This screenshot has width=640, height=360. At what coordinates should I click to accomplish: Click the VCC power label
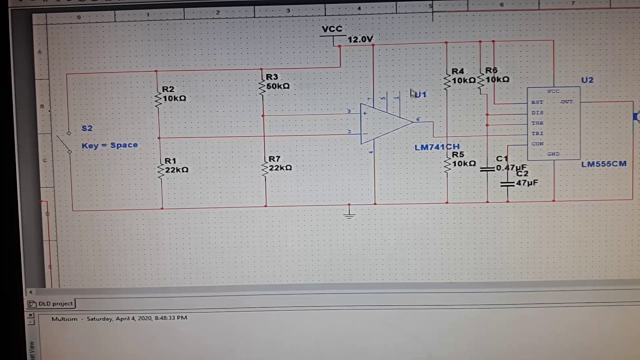pos(332,29)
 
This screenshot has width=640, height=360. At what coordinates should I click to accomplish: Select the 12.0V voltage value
pos(360,39)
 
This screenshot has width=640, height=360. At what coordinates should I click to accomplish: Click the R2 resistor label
pos(168,89)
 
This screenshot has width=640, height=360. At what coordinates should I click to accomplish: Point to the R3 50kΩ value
pos(278,86)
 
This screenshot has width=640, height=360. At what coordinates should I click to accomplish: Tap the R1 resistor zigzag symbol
pos(161,169)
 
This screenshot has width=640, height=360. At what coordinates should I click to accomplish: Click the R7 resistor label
pos(274,159)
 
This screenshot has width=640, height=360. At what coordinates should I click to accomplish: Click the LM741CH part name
pos(436,147)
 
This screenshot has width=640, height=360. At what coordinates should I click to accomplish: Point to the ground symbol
pos(349,213)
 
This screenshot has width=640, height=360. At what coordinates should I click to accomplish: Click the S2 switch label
pos(87,128)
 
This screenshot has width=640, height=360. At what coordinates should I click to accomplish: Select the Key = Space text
pos(109,145)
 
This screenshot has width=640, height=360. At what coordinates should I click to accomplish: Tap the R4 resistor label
pos(457,71)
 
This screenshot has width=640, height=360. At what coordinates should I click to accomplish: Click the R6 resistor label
pos(491,71)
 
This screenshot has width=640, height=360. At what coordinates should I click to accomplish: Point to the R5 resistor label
pos(458,155)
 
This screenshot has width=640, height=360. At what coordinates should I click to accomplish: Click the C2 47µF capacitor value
pos(526,183)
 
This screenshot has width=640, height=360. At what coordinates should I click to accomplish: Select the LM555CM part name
pos(603,164)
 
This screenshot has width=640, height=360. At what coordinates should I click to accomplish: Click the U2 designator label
pos(587,80)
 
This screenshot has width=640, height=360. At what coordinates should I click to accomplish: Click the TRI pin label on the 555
pos(537,133)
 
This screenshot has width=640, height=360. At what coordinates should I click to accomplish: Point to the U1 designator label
pos(420,94)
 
